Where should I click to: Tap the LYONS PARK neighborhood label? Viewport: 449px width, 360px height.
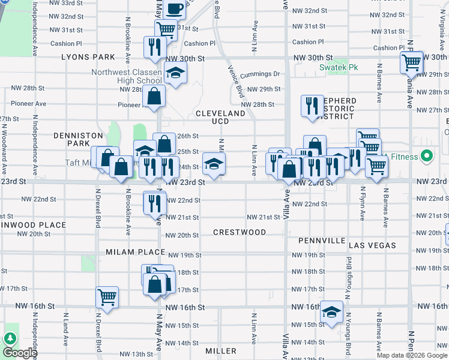[88, 57]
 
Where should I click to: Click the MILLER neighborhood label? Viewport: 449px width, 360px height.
[221, 350]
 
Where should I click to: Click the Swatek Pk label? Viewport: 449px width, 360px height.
[338, 67]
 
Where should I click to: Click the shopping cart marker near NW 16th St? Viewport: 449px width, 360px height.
[107, 296]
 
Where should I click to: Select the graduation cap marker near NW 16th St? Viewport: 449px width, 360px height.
[331, 311]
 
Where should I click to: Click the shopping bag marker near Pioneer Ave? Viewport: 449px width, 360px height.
[154, 95]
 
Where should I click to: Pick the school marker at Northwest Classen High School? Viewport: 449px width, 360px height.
[175, 73]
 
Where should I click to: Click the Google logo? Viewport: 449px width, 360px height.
[20, 352]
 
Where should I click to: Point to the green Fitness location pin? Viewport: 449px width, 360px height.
[427, 157]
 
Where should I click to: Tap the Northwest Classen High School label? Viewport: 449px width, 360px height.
[127, 77]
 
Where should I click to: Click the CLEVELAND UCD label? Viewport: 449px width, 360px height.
[220, 117]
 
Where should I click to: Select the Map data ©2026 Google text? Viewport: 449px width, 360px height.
[412, 355]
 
